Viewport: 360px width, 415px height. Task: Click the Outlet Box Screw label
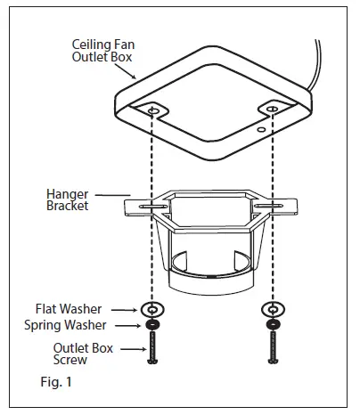coord(84,354)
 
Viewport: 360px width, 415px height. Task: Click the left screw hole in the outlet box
coord(153,111)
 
